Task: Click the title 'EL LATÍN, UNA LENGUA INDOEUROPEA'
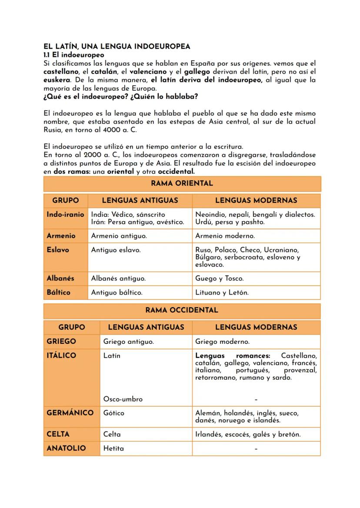[x=117, y=46]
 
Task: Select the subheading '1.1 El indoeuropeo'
[x=74, y=55]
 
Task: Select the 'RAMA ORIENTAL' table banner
[x=182, y=183]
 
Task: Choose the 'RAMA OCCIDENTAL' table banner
[x=182, y=310]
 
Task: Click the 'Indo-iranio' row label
[x=65, y=215]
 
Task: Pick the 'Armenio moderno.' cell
[x=225, y=236]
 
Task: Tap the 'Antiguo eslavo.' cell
[x=116, y=250]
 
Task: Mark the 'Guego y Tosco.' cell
[x=219, y=279]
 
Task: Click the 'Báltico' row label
[x=58, y=292]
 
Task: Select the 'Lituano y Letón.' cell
[x=222, y=293]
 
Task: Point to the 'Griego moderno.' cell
[x=222, y=342]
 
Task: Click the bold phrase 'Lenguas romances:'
[x=232, y=356]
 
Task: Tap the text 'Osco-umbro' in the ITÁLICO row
[x=123, y=399]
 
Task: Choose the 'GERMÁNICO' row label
[x=70, y=413]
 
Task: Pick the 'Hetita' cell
[x=113, y=448]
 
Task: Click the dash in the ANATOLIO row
[x=256, y=448]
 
